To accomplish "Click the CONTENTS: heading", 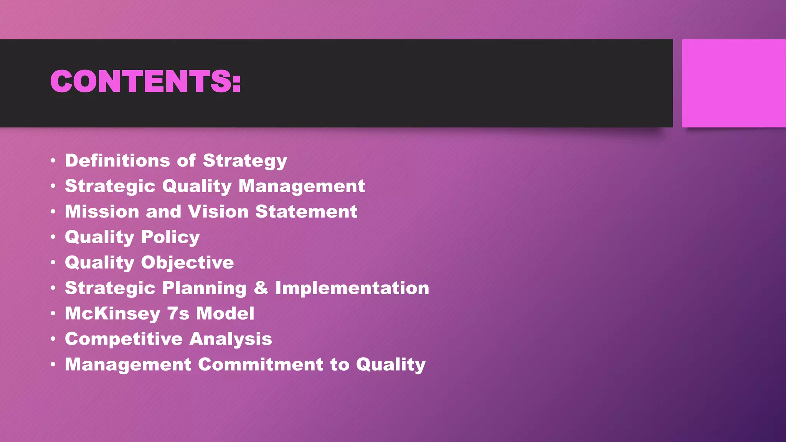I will [145, 81].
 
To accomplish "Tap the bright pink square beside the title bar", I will [733, 83].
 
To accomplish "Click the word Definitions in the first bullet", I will [117, 160].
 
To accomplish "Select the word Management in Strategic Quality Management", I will [301, 186].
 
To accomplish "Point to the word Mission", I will [102, 211].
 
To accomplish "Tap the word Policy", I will [170, 237].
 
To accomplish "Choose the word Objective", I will [187, 262].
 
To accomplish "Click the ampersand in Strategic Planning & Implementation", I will [261, 288].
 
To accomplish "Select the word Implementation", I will [352, 288].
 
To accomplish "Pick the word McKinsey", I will [112, 313].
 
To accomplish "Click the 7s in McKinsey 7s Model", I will [178, 313].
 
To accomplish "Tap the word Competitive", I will [124, 339].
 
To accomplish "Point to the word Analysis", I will [231, 339].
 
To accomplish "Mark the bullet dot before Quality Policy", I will [53, 237].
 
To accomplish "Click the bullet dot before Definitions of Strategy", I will [53, 160].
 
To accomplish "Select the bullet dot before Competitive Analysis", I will [53, 339].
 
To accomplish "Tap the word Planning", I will [204, 288].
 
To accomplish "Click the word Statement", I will [306, 211].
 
